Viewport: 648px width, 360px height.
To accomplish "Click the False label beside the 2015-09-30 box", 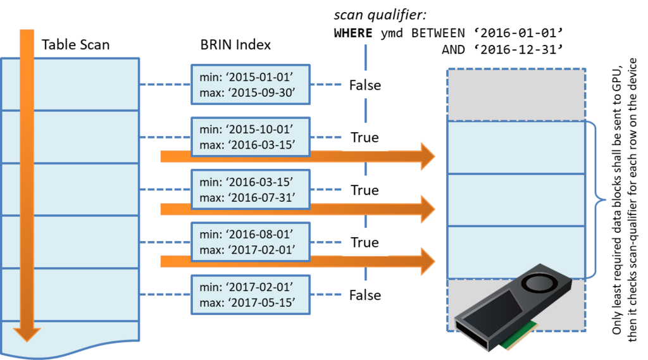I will click(x=365, y=85).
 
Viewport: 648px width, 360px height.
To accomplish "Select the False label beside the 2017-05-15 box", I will click(x=365, y=295).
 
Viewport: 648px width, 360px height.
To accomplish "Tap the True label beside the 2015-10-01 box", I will click(x=365, y=137).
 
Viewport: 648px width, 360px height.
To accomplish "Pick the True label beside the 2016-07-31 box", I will click(x=365, y=190).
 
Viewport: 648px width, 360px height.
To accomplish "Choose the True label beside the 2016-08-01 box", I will click(x=365, y=242).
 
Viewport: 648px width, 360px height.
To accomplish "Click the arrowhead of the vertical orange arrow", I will click(x=27, y=333).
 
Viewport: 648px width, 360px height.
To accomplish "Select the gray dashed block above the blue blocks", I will click(x=516, y=94).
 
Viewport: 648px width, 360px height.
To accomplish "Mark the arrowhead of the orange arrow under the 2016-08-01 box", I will click(x=428, y=261).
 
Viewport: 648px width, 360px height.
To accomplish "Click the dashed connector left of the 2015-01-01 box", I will click(x=165, y=84).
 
